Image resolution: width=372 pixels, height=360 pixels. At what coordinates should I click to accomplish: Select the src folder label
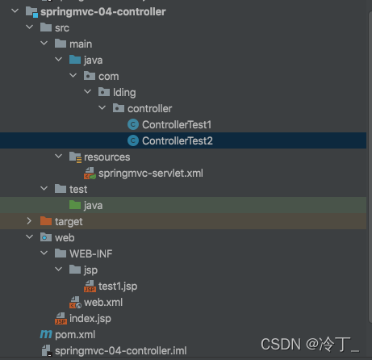point(62,28)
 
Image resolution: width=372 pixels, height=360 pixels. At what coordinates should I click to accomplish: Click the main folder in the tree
point(81,44)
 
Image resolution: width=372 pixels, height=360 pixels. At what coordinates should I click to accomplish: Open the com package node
point(109,77)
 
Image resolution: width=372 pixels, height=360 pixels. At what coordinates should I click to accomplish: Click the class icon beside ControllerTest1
point(133,125)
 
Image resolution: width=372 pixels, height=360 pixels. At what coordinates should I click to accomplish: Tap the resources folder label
point(107,157)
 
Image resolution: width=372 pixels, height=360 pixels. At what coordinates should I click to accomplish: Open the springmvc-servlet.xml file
point(150,173)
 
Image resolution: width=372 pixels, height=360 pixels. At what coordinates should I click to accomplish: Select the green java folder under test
point(93,205)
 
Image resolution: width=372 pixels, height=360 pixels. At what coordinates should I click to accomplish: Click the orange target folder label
point(69,221)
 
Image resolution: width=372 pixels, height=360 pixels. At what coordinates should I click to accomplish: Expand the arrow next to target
point(29,221)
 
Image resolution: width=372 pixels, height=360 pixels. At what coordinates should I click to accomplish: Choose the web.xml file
point(102,302)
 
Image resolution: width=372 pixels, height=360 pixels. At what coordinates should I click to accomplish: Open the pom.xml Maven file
point(75,334)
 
